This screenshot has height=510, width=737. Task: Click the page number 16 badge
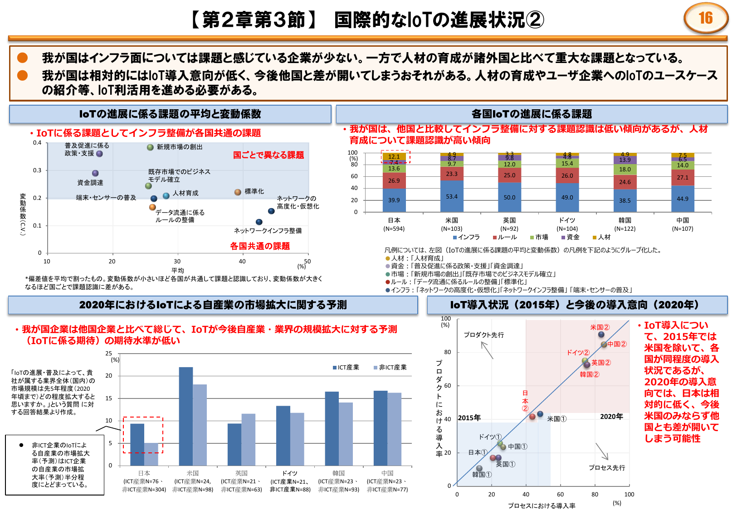click(x=706, y=18)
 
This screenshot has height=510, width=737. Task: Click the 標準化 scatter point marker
click(x=238, y=192)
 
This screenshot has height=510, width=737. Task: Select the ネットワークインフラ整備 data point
click(x=259, y=222)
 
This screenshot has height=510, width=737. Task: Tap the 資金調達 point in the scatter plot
click(x=95, y=173)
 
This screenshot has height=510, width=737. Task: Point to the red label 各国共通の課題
click(x=260, y=246)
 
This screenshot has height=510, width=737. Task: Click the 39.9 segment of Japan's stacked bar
click(x=394, y=200)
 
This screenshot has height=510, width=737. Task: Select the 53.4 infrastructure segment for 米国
click(x=452, y=196)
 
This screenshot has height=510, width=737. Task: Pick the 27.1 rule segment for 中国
click(x=683, y=177)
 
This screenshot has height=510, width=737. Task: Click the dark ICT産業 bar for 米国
click(x=186, y=416)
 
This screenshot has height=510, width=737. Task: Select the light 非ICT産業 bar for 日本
click(x=151, y=454)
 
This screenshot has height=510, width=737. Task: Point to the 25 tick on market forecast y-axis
click(x=109, y=353)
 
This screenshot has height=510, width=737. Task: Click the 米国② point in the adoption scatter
click(x=601, y=335)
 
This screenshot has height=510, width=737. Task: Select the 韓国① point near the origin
click(x=479, y=468)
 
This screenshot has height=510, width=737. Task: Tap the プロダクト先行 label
click(x=483, y=335)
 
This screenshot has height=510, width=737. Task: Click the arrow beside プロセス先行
click(x=602, y=451)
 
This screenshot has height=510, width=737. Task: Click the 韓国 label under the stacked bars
click(x=625, y=220)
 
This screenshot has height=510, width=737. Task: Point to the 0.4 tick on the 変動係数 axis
click(x=37, y=143)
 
